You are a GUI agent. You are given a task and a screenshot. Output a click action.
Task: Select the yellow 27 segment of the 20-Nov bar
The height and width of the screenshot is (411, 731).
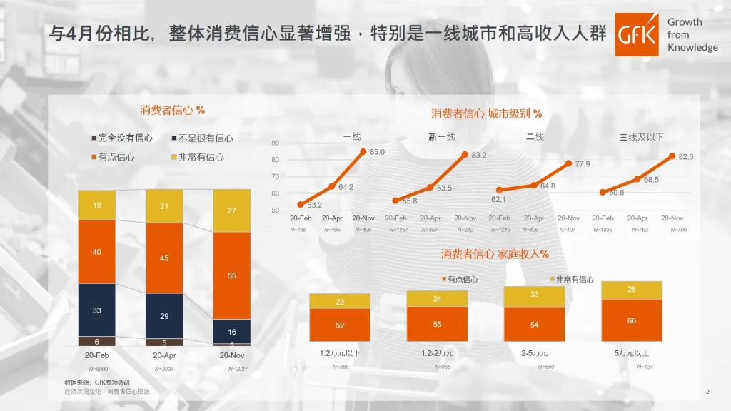[231, 210]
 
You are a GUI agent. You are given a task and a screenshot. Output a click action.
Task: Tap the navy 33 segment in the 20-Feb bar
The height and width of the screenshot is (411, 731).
[96, 310]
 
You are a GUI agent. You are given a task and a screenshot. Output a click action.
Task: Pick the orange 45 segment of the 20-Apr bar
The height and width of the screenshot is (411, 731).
[164, 258]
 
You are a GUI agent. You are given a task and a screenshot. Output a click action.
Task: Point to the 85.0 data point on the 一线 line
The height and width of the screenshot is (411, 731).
[363, 151]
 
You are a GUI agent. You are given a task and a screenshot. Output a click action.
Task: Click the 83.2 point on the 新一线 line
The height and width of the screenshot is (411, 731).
[465, 154]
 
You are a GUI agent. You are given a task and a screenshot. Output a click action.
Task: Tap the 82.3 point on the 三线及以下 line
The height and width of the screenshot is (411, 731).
[672, 156]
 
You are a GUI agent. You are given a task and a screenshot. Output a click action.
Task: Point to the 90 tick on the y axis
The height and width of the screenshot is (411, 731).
[276, 143]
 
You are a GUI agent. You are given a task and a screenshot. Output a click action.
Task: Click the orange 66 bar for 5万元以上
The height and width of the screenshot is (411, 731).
[632, 320]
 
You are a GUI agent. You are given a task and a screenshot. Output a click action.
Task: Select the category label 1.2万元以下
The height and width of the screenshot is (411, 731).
[340, 352]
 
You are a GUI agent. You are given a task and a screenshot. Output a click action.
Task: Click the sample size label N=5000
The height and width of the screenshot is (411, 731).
[98, 369]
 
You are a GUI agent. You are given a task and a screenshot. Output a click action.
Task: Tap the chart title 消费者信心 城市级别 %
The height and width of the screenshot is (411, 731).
[486, 113]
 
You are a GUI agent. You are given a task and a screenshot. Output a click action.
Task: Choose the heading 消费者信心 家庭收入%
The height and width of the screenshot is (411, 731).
[494, 254]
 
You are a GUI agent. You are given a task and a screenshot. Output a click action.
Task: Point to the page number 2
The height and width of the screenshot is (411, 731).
[707, 391]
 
